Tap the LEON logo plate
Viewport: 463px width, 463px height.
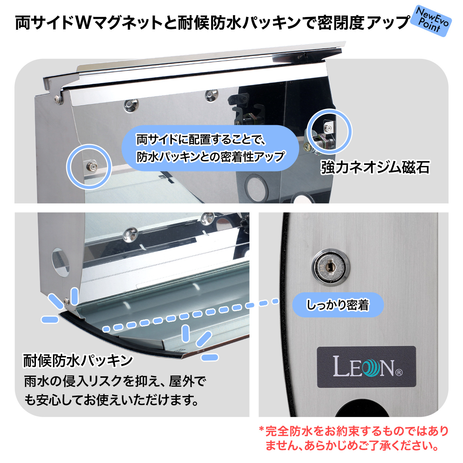[x=366, y=367]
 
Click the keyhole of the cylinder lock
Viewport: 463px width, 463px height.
[x=330, y=265]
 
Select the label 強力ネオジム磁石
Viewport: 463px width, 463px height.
[x=375, y=167]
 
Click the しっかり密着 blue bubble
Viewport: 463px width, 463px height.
[x=338, y=305]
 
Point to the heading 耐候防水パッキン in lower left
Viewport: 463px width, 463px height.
[x=78, y=360]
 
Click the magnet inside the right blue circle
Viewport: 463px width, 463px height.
[x=328, y=128]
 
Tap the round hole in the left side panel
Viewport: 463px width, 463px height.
[x=60, y=263]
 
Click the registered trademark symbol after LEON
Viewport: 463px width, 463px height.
[x=399, y=372]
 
